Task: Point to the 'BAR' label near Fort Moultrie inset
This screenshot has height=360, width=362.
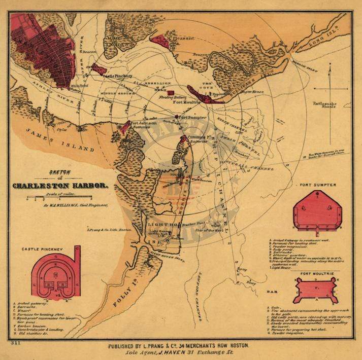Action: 272,292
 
